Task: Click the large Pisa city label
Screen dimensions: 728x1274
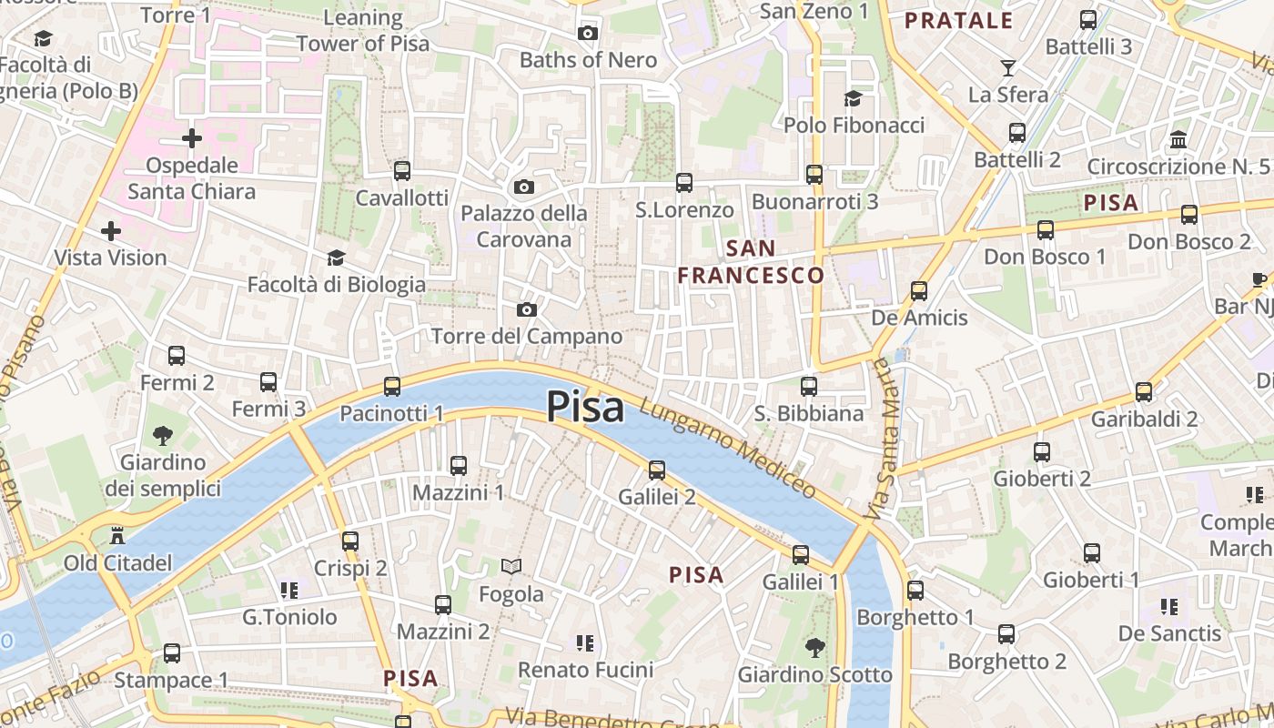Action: pyautogui.click(x=585, y=407)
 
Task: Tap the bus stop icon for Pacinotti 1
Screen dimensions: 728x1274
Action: pyautogui.click(x=392, y=387)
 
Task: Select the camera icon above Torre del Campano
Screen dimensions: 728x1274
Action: pyautogui.click(x=526, y=310)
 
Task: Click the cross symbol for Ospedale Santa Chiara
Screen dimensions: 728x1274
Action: pyautogui.click(x=192, y=138)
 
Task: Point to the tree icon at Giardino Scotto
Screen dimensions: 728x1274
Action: pyautogui.click(x=814, y=648)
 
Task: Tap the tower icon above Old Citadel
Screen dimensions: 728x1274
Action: pyautogui.click(x=116, y=536)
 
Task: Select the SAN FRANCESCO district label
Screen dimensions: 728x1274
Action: pyautogui.click(x=752, y=262)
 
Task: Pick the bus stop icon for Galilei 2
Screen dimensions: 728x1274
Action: pyautogui.click(x=657, y=470)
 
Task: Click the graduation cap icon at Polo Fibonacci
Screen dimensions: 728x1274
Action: pyautogui.click(x=853, y=98)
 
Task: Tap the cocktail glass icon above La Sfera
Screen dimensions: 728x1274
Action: pyautogui.click(x=1007, y=67)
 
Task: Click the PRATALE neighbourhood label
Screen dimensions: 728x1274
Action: pyautogui.click(x=959, y=21)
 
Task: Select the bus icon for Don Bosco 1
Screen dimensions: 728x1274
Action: pyautogui.click(x=1046, y=230)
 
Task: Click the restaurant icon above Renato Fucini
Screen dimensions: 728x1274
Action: pyautogui.click(x=585, y=643)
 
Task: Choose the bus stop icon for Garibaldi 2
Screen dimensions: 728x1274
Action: pyautogui.click(x=1144, y=392)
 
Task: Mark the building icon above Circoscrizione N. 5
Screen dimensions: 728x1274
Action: pyautogui.click(x=1178, y=139)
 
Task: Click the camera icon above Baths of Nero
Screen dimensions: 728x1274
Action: pyautogui.click(x=588, y=34)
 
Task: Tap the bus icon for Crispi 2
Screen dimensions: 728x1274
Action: pyautogui.click(x=350, y=541)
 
